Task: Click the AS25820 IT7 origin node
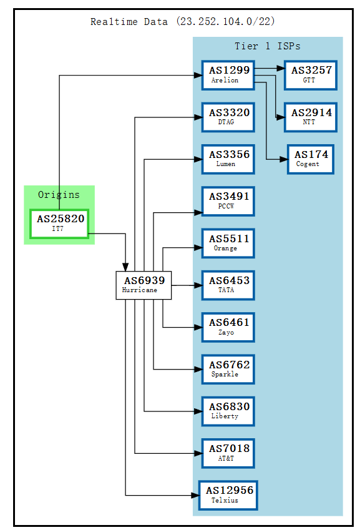pos(59,223)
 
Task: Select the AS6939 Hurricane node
pos(144,285)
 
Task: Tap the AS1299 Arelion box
pos(228,75)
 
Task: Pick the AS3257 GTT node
pos(310,75)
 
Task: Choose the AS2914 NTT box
pos(310,117)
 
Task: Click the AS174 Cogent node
pos(310,159)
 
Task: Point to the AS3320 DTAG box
pos(228,117)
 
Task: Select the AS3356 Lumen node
pos(228,159)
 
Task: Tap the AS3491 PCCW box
pos(228,201)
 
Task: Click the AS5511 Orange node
pos(228,243)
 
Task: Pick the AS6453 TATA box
pos(228,285)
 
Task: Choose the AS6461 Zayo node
pos(228,327)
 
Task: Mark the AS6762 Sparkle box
pos(228,369)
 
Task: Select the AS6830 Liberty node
pos(228,411)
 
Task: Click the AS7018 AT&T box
pos(228,453)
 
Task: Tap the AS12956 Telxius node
pos(228,495)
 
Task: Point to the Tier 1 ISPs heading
pos(267,46)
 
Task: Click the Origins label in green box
pos(59,195)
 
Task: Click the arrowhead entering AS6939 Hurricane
pos(126,267)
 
